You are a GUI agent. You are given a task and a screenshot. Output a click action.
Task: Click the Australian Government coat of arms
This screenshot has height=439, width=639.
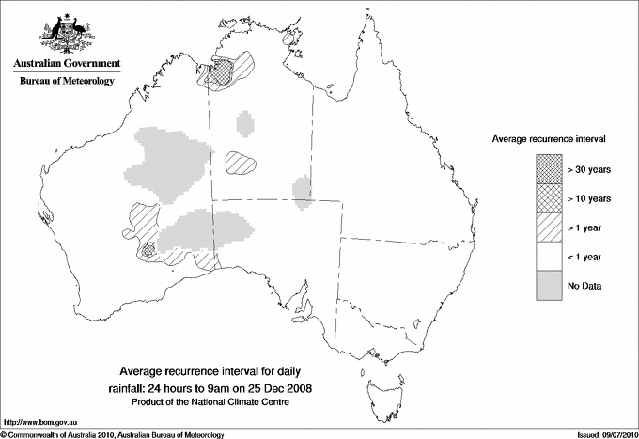pos(66,33)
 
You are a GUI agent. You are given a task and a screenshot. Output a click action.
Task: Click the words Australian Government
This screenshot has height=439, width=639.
pos(66,64)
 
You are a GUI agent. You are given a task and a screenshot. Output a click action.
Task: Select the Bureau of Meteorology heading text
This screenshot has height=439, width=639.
pos(67,82)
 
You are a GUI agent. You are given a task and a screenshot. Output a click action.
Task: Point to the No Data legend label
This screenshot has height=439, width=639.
pos(584,286)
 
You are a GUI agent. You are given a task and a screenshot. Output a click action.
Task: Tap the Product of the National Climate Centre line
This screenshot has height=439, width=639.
pos(217,402)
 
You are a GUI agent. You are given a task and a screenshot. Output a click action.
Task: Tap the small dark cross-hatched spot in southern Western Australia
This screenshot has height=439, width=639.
pos(148,251)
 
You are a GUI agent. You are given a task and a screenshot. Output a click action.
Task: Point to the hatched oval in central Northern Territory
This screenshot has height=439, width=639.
pos(242,162)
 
